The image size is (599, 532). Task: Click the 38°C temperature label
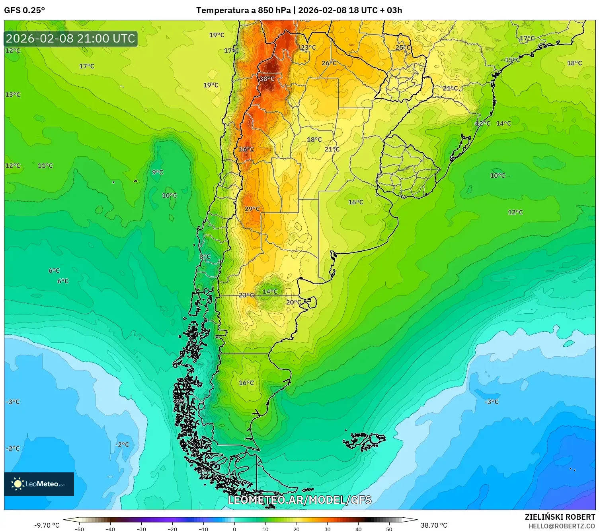click(267, 79)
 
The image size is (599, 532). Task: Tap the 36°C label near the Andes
click(246, 149)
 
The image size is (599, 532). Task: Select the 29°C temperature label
click(252, 209)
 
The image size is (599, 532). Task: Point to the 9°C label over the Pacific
click(158, 172)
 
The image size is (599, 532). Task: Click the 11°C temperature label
click(45, 165)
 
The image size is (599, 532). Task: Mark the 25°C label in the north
click(403, 47)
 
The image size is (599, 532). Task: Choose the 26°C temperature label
click(329, 63)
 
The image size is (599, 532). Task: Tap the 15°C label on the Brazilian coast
click(512, 60)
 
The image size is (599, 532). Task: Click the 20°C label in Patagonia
click(293, 302)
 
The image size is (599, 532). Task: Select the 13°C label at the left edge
click(13, 95)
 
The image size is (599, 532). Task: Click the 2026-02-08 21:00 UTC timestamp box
click(71, 39)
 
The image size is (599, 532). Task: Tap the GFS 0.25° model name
click(25, 10)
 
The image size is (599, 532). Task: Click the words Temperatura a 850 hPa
click(243, 10)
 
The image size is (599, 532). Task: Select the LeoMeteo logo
click(39, 484)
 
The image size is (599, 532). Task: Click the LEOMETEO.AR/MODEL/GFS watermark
click(299, 500)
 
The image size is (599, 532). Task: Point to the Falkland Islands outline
click(364, 441)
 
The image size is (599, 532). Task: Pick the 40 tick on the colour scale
click(359, 529)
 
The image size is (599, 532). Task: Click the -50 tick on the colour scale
click(79, 529)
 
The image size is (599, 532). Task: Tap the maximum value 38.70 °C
click(434, 525)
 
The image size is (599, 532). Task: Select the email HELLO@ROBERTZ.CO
click(562, 526)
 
